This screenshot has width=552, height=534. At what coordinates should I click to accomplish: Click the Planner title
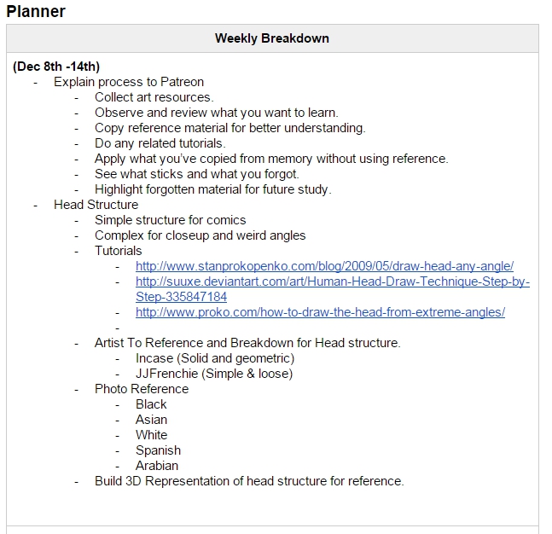36,11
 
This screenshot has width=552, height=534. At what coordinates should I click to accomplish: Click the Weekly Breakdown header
271,38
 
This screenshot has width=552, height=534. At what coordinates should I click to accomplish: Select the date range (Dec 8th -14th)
56,67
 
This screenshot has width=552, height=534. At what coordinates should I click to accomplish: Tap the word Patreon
180,82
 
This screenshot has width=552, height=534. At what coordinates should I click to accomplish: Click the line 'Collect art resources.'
154,97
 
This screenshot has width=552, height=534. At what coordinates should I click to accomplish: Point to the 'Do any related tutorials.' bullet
160,143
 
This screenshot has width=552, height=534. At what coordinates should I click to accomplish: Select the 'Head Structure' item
96,205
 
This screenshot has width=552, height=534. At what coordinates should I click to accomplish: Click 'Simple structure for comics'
170,220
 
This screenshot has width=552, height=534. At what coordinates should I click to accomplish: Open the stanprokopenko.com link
324,266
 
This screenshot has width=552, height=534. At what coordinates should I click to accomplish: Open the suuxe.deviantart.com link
332,282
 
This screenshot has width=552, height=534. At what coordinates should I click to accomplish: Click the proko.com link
320,312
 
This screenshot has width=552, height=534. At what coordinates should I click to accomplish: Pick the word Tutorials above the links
119,251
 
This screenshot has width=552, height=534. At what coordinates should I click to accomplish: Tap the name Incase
154,358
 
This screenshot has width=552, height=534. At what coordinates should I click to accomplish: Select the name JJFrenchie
166,374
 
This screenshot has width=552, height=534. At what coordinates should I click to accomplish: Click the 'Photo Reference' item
142,389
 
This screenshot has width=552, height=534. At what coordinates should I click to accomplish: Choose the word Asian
151,420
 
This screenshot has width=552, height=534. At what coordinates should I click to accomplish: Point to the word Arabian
157,466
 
